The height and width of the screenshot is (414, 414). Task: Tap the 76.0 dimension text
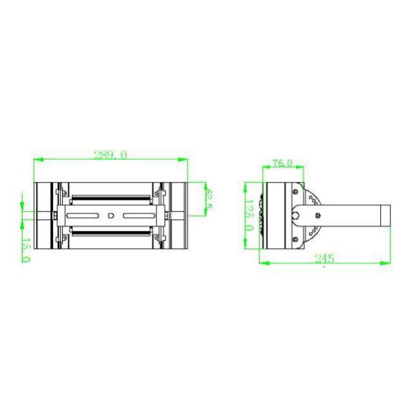coord(282,164)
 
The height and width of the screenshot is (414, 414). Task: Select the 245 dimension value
coord(324,258)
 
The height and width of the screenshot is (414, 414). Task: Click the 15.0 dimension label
coord(26,249)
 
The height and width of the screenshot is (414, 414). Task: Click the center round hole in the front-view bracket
coord(111,215)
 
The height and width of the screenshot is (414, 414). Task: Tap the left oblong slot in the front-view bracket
coord(85,215)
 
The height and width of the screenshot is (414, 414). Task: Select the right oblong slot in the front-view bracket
coord(137,215)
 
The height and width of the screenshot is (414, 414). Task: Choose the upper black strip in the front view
coord(111,199)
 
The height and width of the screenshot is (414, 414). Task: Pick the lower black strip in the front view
coord(111,232)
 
